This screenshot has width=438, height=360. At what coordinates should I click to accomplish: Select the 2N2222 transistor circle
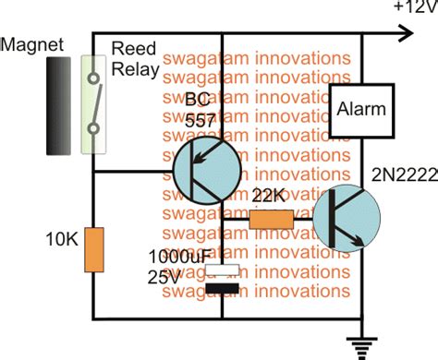point(346,222)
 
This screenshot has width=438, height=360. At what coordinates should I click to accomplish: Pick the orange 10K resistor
point(94,250)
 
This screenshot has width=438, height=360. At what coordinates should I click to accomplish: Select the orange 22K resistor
point(272,220)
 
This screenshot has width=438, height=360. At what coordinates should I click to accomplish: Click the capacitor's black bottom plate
point(222,290)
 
